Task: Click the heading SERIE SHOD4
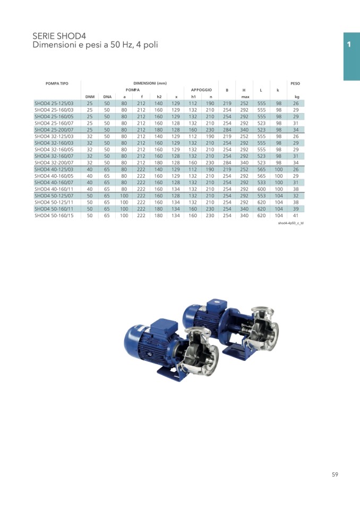point(59,36)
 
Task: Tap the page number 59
point(335,475)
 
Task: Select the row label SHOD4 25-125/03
point(54,103)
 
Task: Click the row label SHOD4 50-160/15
point(54,215)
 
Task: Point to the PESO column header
point(295,83)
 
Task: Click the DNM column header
point(90,97)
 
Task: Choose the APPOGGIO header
point(201,90)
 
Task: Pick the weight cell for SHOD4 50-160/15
point(296,215)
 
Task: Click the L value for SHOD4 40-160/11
point(261,189)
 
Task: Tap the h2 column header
point(159,97)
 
